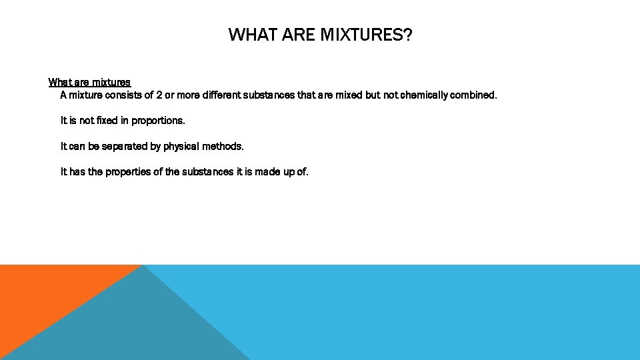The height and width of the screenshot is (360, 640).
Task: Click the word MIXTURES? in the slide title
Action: point(366,35)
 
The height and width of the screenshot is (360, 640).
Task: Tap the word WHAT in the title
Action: point(250,35)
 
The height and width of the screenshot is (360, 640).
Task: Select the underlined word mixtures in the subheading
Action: point(111,83)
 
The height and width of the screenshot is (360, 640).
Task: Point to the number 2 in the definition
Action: point(159,95)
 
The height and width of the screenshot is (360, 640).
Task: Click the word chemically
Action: point(424,95)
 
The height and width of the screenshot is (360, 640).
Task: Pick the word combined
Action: point(474,95)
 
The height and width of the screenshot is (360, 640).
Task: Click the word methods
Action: point(223,146)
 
